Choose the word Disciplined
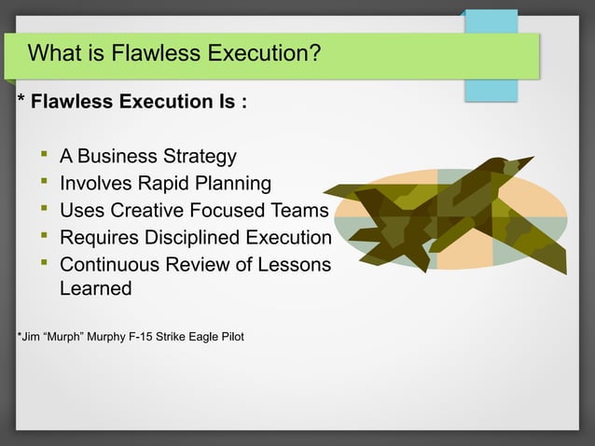(x=189, y=237)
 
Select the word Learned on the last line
(x=95, y=288)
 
